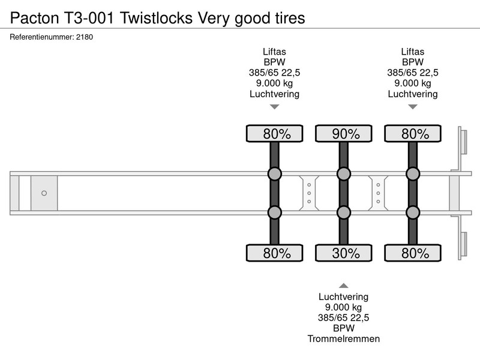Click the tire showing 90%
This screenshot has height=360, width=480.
pyautogui.click(x=343, y=133)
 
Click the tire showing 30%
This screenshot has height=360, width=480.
pyautogui.click(x=343, y=253)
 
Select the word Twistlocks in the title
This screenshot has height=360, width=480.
pyautogui.click(x=156, y=18)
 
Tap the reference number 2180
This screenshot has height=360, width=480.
pyautogui.click(x=85, y=37)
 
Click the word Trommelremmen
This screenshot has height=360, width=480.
pyautogui.click(x=343, y=339)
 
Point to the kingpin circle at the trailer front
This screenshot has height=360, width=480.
pyautogui.click(x=44, y=193)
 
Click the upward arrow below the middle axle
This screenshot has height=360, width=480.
pyautogui.click(x=343, y=286)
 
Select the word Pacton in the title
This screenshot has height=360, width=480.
pyautogui.click(x=34, y=18)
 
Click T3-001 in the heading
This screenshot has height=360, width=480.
pyautogui.click(x=88, y=18)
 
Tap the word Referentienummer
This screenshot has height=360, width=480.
pyautogui.click(x=41, y=37)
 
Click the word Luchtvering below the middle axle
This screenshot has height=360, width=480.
pyautogui.click(x=343, y=296)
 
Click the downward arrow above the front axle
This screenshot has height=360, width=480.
pyautogui.click(x=275, y=107)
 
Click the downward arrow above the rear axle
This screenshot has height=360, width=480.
pyautogui.click(x=413, y=107)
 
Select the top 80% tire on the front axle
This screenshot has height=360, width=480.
pyautogui.click(x=275, y=133)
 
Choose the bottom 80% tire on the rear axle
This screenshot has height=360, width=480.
pyautogui.click(x=413, y=253)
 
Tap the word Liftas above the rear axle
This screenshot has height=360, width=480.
pyautogui.click(x=413, y=52)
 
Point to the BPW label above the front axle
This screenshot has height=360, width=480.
pyautogui.click(x=275, y=62)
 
